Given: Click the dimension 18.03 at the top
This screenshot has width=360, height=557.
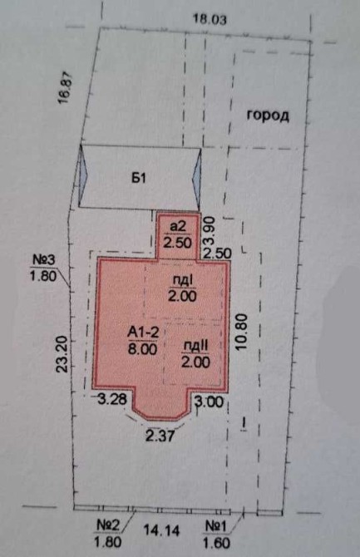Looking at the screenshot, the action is click(209, 19).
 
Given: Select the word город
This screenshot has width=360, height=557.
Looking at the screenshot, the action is click(268, 116).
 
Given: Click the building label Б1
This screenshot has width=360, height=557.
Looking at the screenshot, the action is click(139, 178).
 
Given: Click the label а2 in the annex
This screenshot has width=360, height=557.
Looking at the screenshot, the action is click(178, 227).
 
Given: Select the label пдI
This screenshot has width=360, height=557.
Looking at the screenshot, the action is click(182, 281).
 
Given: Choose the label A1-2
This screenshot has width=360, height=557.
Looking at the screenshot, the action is click(143, 333).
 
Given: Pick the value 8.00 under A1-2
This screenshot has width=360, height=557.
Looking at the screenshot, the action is click(142, 349).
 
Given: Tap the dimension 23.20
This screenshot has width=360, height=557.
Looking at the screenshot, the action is click(62, 354).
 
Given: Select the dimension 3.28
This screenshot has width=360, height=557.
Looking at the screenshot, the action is click(112, 399).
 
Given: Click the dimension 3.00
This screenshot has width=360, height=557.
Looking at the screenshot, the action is click(210, 402).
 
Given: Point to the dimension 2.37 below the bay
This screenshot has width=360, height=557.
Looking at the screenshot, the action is click(160, 436).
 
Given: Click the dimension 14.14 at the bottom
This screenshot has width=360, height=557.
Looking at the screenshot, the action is click(161, 530).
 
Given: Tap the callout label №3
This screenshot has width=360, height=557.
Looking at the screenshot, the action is click(44, 259).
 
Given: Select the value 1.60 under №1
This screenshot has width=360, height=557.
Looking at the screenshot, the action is click(216, 543).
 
